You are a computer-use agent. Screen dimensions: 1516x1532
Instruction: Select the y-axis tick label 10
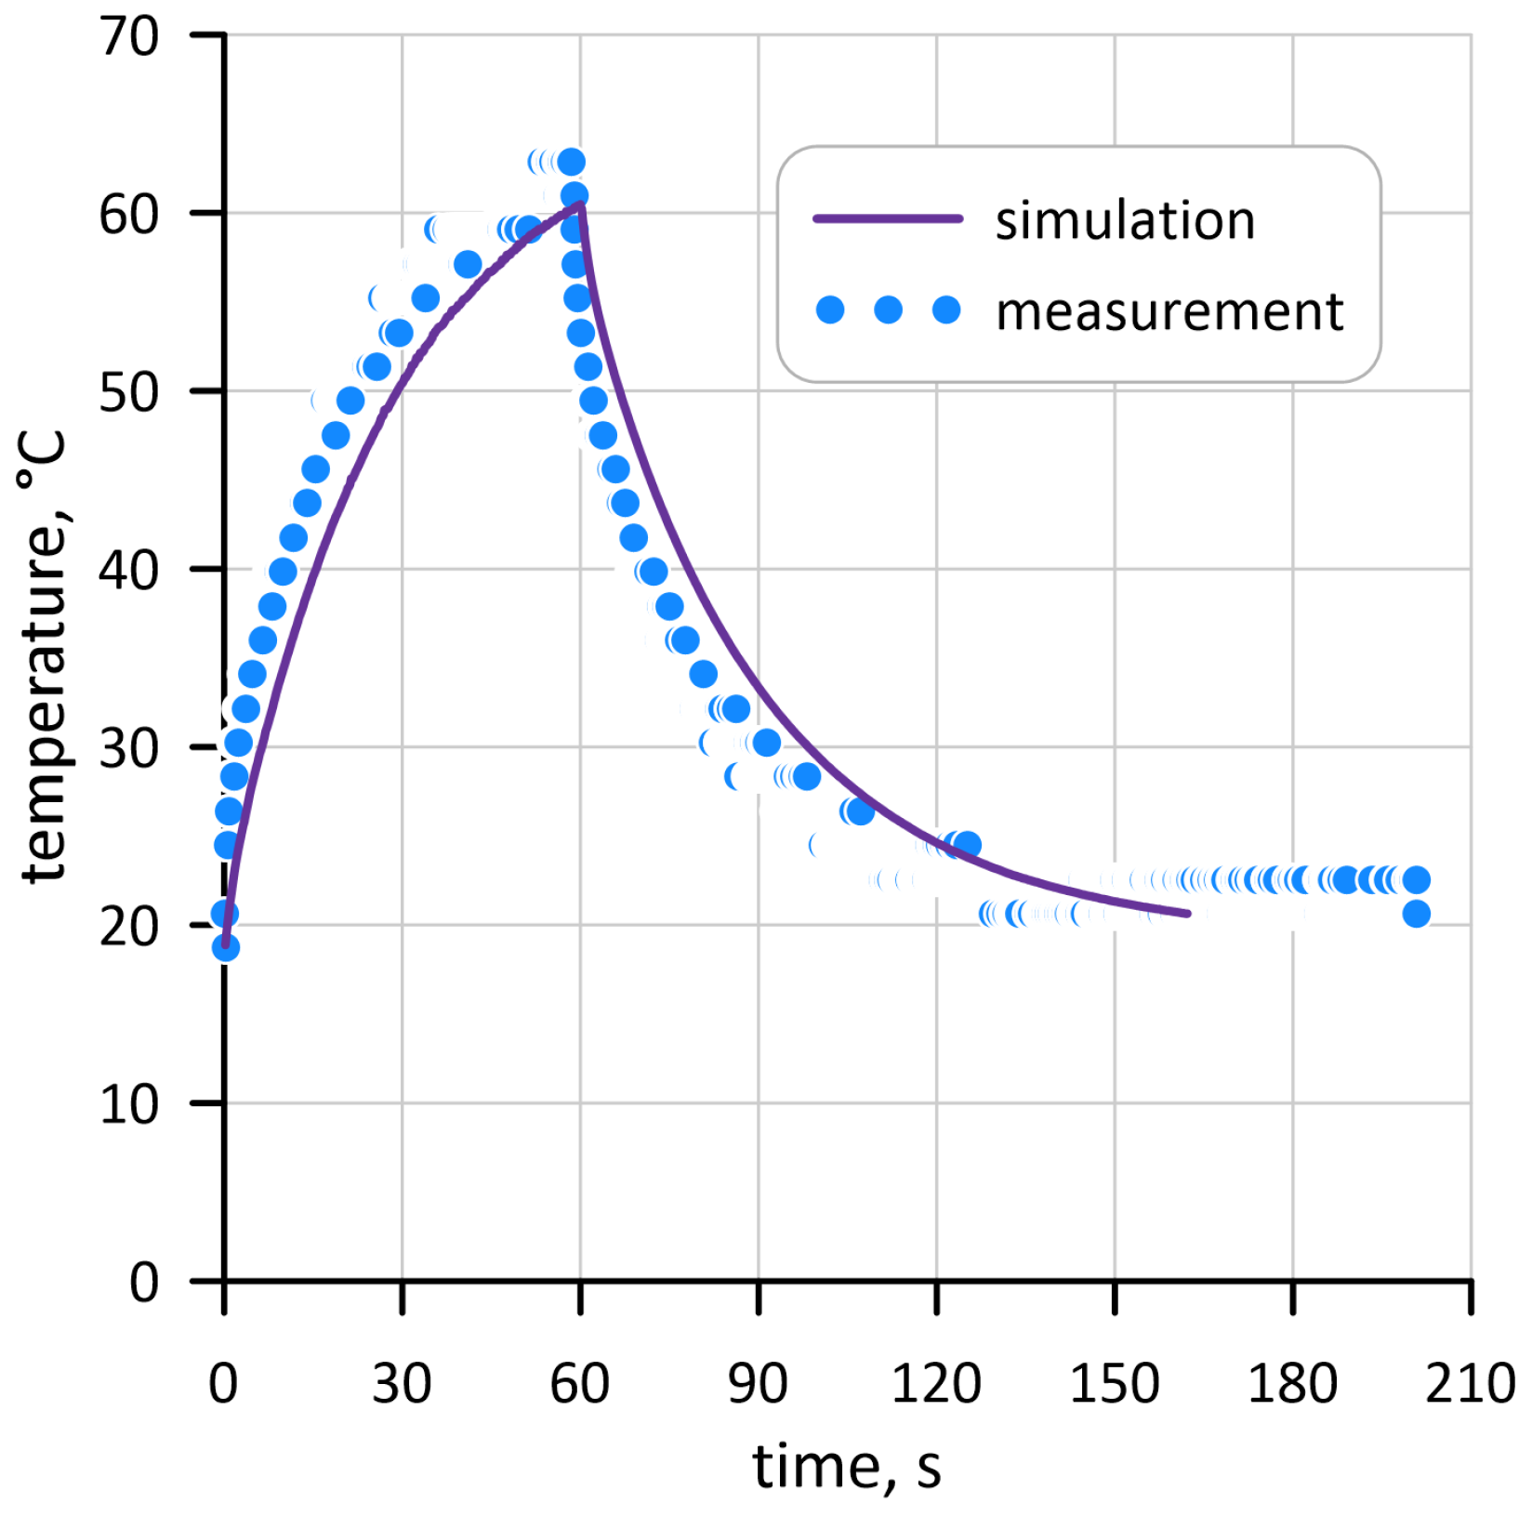pos(129,1105)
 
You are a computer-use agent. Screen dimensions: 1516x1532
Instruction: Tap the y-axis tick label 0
pos(144,1283)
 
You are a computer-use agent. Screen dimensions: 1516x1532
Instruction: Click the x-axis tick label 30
pos(402,1383)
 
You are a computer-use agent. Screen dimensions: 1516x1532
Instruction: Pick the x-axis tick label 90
pos(758,1383)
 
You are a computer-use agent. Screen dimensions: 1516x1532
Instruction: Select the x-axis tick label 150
pos(1114,1383)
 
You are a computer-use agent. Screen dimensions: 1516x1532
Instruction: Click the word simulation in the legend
pos(1125,220)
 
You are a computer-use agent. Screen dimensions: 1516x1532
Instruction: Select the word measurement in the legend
pos(1169,310)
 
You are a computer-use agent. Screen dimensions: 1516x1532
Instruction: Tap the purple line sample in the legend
pos(888,219)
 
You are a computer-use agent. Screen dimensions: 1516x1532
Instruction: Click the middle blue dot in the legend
pos(888,310)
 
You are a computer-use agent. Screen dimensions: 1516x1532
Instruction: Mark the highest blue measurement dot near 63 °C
pos(571,162)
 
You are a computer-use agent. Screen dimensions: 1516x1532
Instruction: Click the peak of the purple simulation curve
pos(580,203)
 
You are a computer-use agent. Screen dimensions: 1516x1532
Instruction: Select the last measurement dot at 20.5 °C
pos(1416,914)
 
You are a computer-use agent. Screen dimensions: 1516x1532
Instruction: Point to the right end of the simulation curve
pos(1187,914)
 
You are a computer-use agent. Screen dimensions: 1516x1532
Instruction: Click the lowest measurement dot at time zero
pos(226,947)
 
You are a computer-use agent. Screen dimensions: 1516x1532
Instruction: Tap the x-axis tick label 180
pos(1292,1383)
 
